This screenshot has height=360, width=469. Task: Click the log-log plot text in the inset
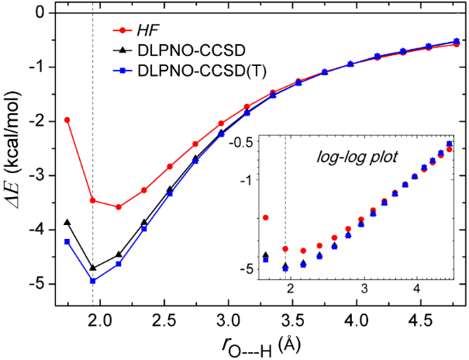pyautogui.click(x=358, y=156)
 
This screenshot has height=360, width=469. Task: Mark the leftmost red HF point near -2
pyautogui.click(x=67, y=119)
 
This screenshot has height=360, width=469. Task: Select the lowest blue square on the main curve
pyautogui.click(x=93, y=280)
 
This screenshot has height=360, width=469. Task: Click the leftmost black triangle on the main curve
pyautogui.click(x=67, y=223)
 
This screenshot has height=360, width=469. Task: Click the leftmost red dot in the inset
pyautogui.click(x=266, y=218)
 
